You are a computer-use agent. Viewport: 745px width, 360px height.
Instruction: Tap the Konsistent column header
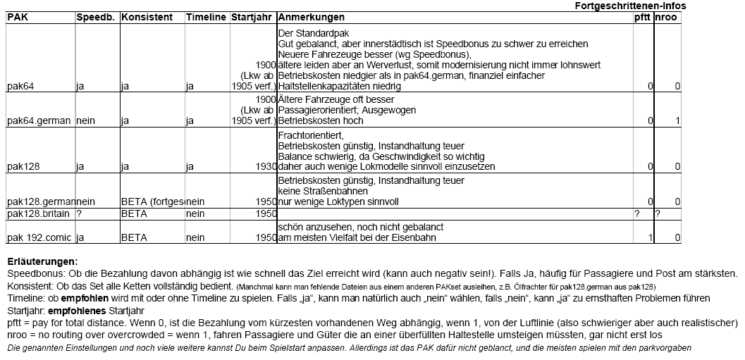[x=147, y=17]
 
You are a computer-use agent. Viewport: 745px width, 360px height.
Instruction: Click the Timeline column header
[x=206, y=17]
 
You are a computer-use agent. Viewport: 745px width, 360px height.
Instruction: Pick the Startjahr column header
[x=252, y=17]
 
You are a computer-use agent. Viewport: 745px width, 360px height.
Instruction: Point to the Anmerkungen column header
[x=312, y=17]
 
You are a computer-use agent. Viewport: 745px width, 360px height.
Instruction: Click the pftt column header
[x=642, y=17]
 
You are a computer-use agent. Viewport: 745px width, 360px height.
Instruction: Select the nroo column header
[x=666, y=17]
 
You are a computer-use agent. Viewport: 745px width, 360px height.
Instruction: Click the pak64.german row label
[x=39, y=120]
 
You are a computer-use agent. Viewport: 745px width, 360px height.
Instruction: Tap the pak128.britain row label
[x=40, y=213]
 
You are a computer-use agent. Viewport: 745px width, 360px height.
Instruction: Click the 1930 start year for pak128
[x=264, y=167]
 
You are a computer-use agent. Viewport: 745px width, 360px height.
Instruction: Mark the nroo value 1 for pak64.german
[x=677, y=120]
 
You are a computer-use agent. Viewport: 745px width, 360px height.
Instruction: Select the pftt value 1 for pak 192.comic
[x=650, y=237]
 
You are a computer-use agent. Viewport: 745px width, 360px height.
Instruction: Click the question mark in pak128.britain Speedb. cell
[x=79, y=213]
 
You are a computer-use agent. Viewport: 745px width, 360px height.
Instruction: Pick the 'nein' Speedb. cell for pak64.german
[x=86, y=120]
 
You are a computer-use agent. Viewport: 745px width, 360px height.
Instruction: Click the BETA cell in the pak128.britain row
[x=134, y=213]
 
